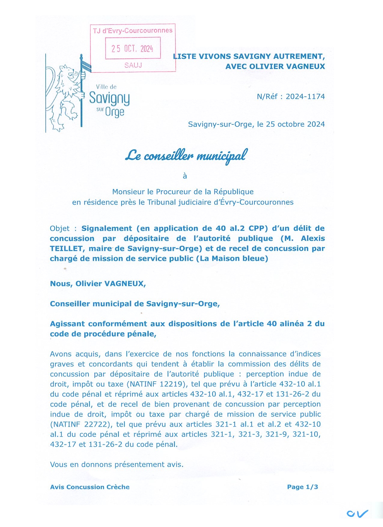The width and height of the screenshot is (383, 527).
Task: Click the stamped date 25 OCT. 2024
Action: tap(132, 48)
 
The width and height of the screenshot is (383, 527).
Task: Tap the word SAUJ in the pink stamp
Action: tap(133, 65)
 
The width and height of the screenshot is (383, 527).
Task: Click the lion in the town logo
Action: tap(66, 96)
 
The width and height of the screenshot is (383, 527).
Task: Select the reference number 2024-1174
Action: tap(305, 96)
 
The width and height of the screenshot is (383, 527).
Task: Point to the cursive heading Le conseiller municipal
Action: tap(186, 156)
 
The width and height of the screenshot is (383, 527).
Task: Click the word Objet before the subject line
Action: tap(60, 228)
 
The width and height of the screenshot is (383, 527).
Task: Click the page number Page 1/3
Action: tap(302, 487)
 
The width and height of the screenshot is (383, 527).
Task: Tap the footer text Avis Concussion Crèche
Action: tap(90, 487)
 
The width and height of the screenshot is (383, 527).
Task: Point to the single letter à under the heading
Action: tap(185, 176)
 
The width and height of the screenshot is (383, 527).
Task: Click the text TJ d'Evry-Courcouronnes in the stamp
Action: tap(133, 31)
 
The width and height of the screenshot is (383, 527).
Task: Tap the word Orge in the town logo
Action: tap(115, 112)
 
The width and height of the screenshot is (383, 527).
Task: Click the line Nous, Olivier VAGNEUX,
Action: tap(98, 284)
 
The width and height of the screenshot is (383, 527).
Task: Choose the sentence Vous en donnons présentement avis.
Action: tap(117, 465)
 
